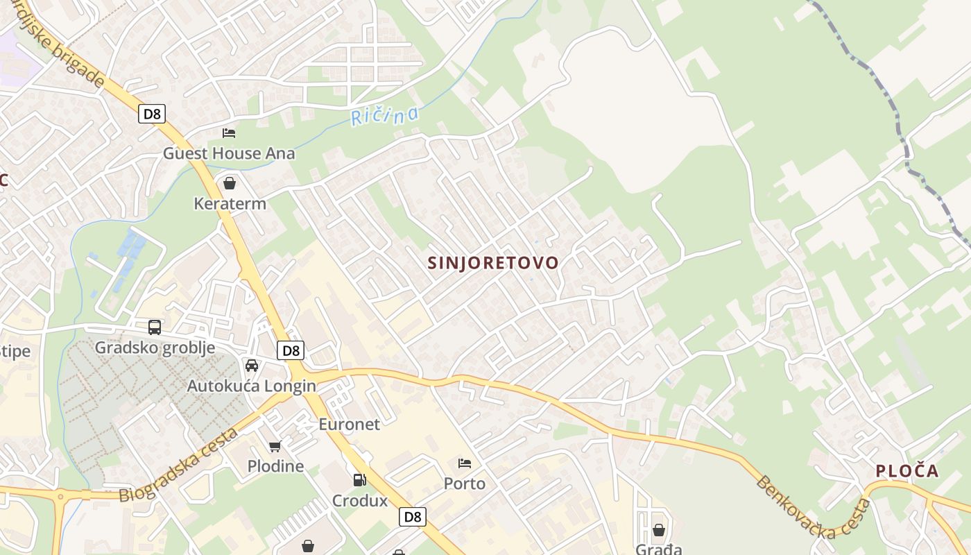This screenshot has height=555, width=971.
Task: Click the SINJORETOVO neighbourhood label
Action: (x=493, y=263)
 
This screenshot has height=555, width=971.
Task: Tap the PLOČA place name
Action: (x=906, y=471)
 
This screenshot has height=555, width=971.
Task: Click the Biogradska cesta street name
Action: (x=179, y=466)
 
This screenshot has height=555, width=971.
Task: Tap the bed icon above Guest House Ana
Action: (x=229, y=133)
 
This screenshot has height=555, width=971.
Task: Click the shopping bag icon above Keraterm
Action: (x=230, y=183)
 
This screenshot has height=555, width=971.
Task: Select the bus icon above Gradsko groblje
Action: (x=155, y=327)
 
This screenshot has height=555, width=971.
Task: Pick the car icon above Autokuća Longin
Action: (x=252, y=366)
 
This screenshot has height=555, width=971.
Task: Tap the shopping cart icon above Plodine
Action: (x=275, y=446)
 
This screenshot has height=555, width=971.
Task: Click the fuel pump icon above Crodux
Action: (x=359, y=479)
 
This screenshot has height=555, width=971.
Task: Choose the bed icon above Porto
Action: (x=465, y=463)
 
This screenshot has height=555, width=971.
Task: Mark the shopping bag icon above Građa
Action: (x=658, y=530)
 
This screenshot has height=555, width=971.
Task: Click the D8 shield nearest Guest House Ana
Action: (x=152, y=114)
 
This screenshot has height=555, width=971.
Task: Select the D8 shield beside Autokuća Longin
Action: (x=291, y=350)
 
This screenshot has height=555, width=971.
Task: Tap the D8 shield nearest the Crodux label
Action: (x=413, y=516)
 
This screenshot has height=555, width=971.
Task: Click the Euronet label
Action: (x=349, y=424)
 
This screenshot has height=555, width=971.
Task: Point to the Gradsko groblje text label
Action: (x=155, y=347)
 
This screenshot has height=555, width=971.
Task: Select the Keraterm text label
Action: (x=230, y=203)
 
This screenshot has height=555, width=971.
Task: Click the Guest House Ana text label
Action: (x=229, y=153)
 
